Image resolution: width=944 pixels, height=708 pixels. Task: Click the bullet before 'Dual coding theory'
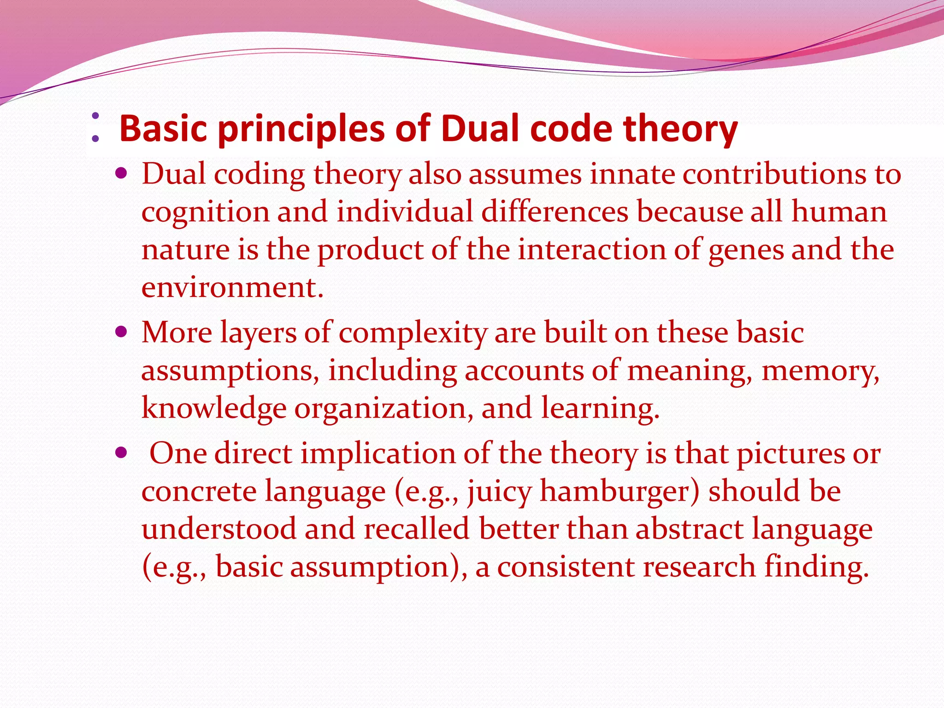click(121, 174)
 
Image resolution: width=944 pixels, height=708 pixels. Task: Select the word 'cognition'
click(205, 212)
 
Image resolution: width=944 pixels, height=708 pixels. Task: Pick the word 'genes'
click(746, 250)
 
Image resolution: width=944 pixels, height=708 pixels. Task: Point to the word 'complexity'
click(413, 333)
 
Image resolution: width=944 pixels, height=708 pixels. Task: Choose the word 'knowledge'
click(213, 408)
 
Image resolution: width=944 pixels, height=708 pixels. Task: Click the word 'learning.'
click(600, 408)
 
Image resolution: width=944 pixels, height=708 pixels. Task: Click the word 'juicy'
click(499, 491)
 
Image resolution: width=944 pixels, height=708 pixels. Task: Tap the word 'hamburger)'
click(619, 491)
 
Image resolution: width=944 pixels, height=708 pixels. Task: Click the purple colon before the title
click(95, 127)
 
